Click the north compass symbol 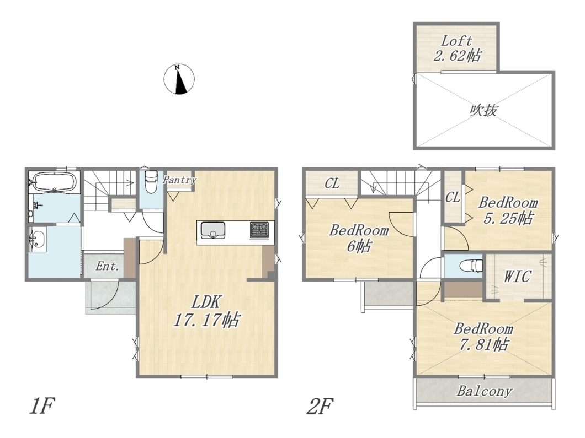point(179,79)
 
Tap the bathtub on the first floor point(54,182)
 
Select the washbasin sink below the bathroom point(38,239)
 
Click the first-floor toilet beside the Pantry point(151,181)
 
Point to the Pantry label point(179,180)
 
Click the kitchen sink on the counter point(213,230)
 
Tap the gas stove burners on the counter point(259,229)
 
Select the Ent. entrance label point(107,266)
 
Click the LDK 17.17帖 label point(206,311)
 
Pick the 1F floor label point(42,406)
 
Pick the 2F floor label point(320,406)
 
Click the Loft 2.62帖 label point(456,48)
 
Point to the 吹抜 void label point(483,110)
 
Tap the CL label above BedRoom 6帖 point(332,183)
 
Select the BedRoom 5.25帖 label point(508,210)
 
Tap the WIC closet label point(517,277)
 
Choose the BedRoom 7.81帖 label point(483,337)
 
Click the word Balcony point(484,391)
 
